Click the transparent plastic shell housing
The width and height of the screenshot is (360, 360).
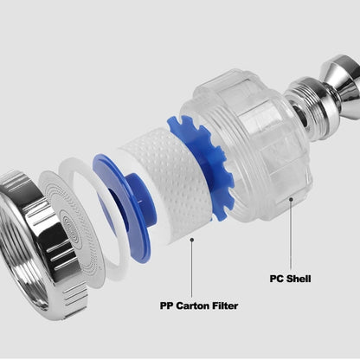[x=260, y=143]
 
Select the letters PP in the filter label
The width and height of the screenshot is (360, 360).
[x=168, y=305]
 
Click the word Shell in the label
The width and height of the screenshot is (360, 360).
[x=297, y=279]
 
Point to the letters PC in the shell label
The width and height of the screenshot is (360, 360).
[x=275, y=279]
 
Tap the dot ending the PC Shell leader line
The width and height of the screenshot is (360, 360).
[x=290, y=199]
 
